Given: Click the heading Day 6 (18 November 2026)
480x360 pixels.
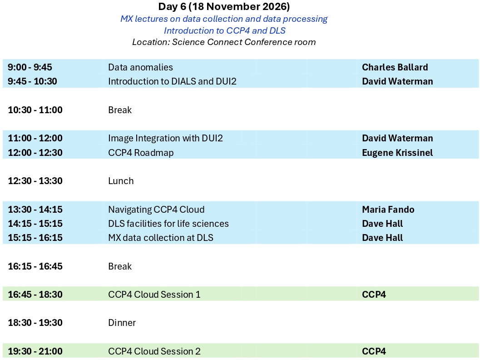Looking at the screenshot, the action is [224, 6].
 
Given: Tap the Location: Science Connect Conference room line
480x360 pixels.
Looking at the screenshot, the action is [224, 42].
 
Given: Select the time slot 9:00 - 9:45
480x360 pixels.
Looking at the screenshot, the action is [30, 67].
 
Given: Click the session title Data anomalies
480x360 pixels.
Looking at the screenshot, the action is [140, 67].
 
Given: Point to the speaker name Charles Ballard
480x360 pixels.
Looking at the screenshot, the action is [395, 67].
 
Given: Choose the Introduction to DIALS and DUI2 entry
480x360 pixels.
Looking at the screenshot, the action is [173, 81].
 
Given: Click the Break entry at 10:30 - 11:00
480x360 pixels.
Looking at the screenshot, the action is [120, 110].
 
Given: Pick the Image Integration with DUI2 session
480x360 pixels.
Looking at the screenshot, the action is [166, 138].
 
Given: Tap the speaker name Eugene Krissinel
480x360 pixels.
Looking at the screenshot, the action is [397, 153].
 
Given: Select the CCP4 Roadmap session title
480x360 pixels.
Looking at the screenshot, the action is [141, 153].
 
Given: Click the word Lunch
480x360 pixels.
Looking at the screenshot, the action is [121, 181].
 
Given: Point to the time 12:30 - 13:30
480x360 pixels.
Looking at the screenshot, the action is [35, 181].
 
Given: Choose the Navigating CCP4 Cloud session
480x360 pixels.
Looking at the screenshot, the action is [156, 209].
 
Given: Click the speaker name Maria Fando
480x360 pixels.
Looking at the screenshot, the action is [388, 209].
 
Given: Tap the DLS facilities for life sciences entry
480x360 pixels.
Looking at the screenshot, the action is [168, 223].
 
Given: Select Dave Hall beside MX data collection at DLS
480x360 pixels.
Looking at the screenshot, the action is [382, 237].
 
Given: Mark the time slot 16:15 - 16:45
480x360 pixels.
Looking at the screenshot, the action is [35, 266].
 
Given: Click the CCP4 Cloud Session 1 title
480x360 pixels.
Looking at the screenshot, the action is [154, 295].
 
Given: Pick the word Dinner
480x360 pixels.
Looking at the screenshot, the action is [122, 323].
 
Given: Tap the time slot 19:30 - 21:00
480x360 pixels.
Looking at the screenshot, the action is [35, 351].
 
